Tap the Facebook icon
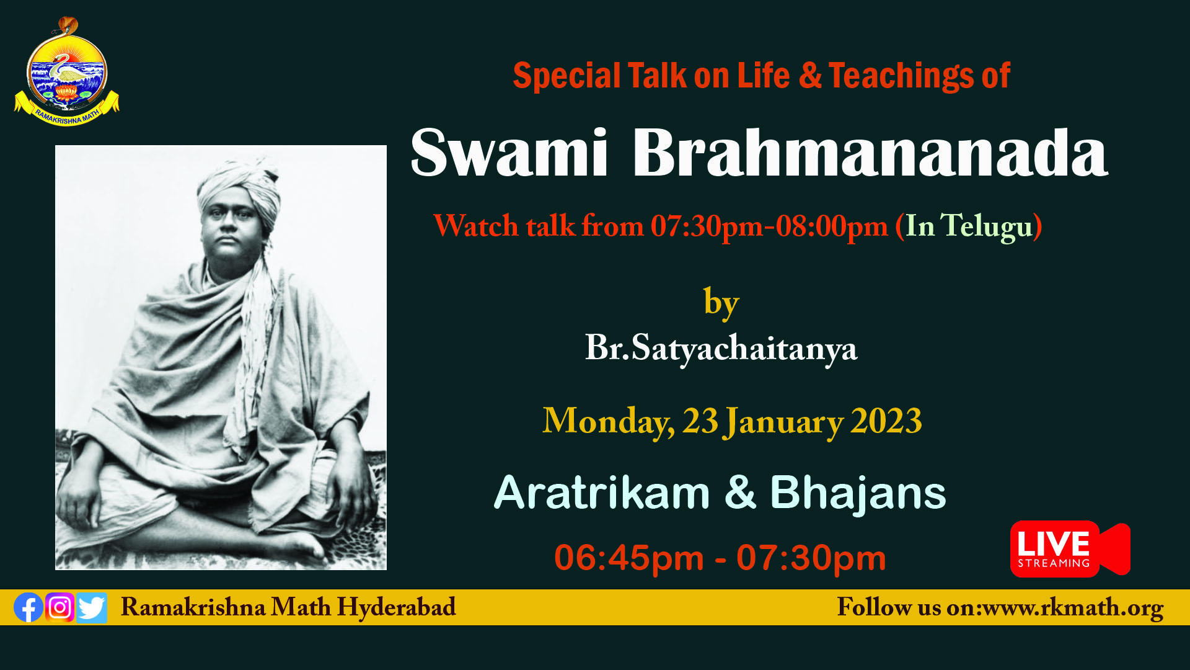coord(29,607)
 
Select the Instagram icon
coord(60,607)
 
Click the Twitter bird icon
coord(92,608)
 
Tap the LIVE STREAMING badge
coord(1070,549)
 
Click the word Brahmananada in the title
coord(870,153)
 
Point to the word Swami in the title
coord(509,153)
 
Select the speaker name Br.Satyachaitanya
coord(721,348)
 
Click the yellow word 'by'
coord(721,303)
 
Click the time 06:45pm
coord(629,558)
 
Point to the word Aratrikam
coord(602,493)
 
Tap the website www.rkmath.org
coord(1073,607)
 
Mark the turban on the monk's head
coord(239,187)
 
